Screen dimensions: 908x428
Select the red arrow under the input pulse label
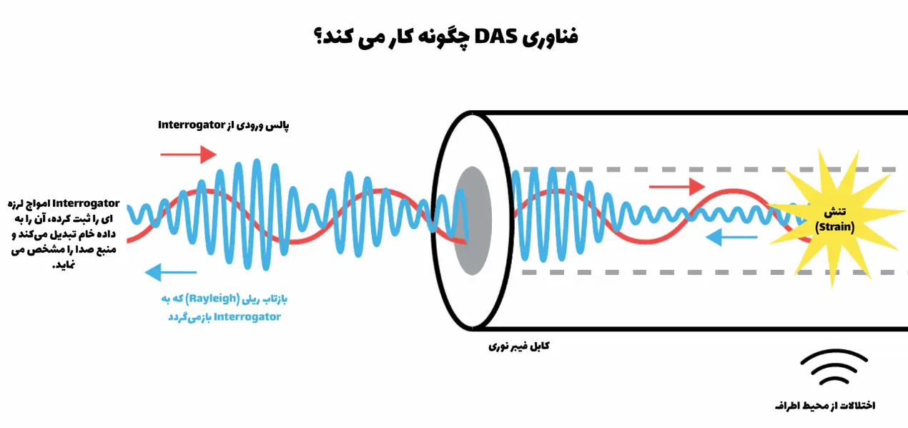point(188,154)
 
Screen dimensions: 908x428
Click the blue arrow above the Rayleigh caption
point(171,272)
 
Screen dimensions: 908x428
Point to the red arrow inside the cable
point(677,187)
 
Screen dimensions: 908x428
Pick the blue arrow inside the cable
point(731,237)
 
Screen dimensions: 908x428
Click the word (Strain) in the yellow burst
point(834,227)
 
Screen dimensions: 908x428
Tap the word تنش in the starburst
point(835,212)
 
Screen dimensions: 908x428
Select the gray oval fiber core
point(473,220)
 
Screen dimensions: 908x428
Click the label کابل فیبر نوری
point(519,346)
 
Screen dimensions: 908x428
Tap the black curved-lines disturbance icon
point(834,366)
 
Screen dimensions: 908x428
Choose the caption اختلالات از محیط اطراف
point(825,405)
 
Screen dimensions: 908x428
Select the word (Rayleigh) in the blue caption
point(213,299)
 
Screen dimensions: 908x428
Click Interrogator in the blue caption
point(247,316)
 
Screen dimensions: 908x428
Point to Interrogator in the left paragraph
point(86,203)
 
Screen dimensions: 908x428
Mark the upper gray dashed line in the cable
point(709,169)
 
